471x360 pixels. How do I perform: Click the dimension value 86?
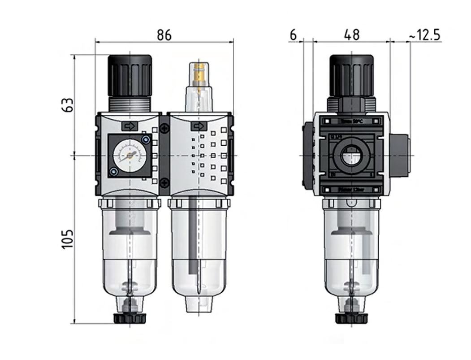point(164,35)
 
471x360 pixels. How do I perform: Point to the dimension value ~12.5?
point(424,35)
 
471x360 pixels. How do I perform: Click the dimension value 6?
point(293,35)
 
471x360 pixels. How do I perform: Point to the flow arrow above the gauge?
point(130,127)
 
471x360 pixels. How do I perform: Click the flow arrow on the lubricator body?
point(199,127)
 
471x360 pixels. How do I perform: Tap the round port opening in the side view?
point(351,156)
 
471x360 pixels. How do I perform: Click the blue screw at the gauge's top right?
point(145,140)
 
